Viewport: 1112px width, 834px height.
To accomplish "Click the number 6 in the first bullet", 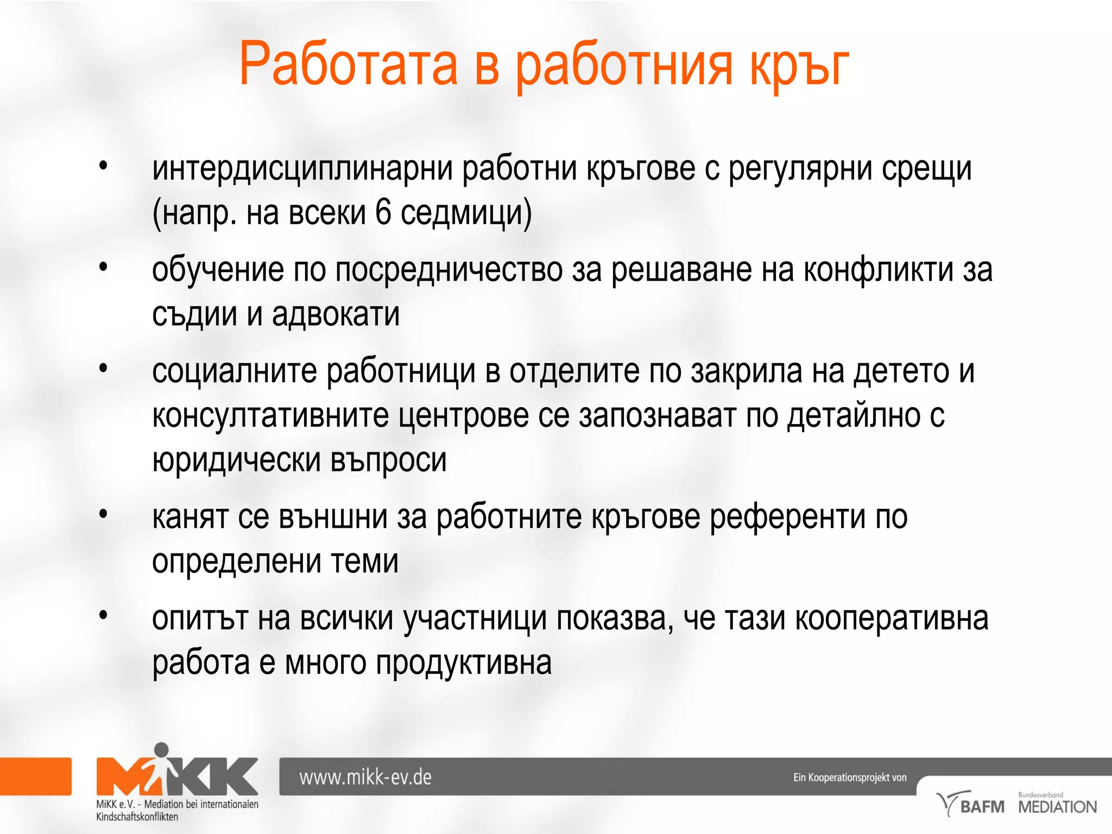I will (383, 212).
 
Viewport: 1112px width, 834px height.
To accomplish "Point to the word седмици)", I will (466, 213).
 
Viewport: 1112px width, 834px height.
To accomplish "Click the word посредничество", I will (449, 270).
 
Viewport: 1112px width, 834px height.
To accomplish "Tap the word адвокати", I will (336, 314).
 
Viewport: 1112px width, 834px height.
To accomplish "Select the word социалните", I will (234, 371).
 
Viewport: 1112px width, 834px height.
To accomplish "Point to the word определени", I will (236, 561).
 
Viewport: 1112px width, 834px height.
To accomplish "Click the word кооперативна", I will (892, 618).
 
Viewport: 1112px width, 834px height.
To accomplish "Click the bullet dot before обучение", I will (104, 267).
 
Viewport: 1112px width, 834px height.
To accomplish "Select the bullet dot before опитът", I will (104, 615).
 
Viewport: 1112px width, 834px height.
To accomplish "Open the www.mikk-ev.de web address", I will (365, 778).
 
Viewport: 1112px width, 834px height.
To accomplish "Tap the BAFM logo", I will (971, 805).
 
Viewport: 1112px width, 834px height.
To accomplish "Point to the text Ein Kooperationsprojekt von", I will (850, 778).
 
